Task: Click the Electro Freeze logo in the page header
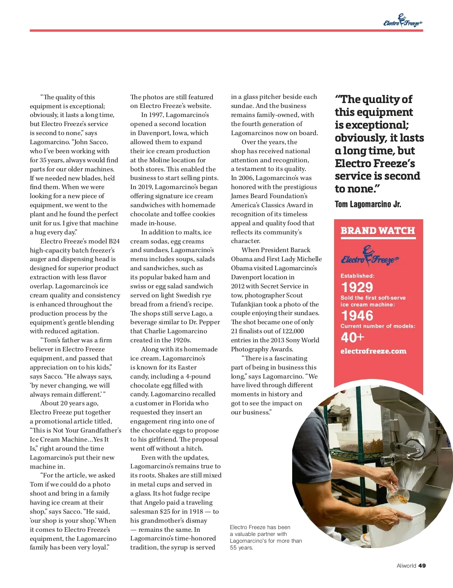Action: [402, 21]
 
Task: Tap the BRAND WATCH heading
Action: [377, 231]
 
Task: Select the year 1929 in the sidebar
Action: [357, 288]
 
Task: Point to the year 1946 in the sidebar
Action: [357, 316]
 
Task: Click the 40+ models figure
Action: [352, 337]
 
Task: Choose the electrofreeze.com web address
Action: [373, 351]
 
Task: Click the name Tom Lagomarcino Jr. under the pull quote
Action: [368, 205]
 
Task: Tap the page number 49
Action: [422, 565]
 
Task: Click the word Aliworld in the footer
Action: [406, 565]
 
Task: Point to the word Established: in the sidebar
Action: [357, 276]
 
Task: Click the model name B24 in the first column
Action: [114, 241]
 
